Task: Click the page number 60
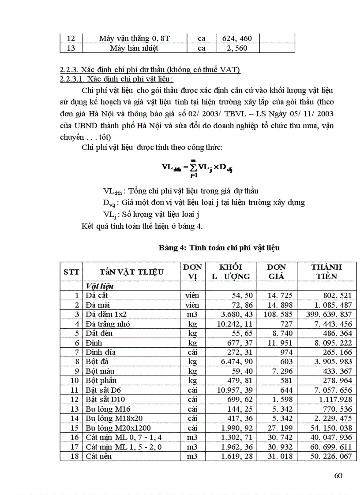click(338, 475)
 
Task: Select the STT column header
click(71, 272)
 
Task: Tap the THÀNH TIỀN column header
click(326, 272)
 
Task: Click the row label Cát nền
click(99, 456)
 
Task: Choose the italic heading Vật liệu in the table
click(100, 286)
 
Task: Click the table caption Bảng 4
click(219, 248)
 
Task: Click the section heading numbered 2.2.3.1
click(116, 79)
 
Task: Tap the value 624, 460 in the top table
click(236, 38)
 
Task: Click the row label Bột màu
click(100, 371)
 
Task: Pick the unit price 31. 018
click(277, 456)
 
